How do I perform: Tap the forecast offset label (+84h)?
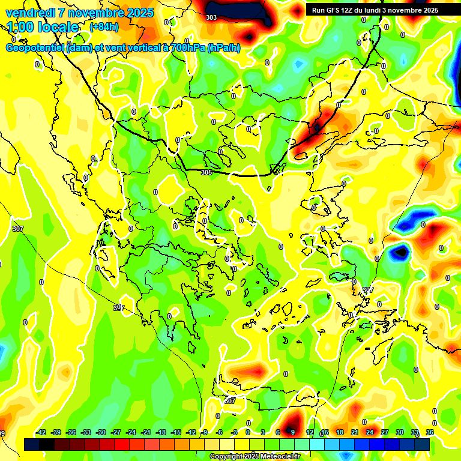click(104, 27)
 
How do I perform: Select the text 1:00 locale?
click(43, 27)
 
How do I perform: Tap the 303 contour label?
click(211, 17)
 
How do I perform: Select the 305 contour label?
click(206, 172)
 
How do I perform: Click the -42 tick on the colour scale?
click(41, 432)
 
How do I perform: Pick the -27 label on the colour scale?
click(116, 432)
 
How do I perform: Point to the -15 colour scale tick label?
click(176, 432)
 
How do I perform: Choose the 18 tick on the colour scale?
click(340, 432)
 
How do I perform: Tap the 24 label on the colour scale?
click(370, 432)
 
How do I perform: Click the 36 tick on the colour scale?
click(430, 432)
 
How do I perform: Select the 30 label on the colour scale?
click(400, 432)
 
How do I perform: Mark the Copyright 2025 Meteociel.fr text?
click(254, 456)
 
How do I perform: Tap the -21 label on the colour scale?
click(146, 432)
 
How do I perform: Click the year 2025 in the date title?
click(136, 13)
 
